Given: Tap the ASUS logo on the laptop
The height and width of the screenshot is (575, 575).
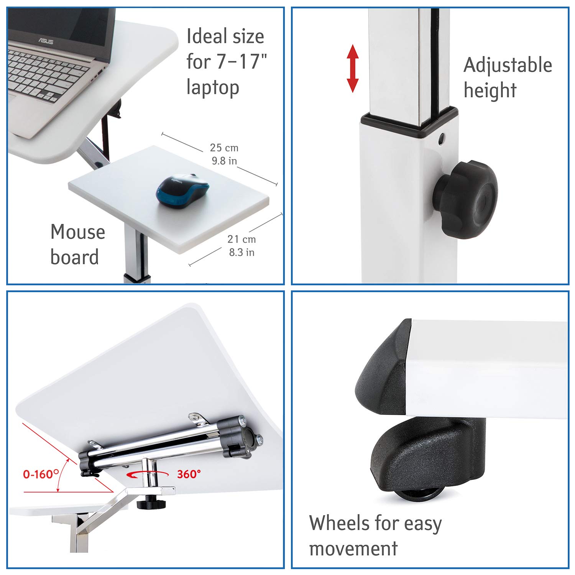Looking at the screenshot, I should pos(45,41).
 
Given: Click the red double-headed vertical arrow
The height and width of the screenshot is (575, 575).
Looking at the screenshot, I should pos(352,69).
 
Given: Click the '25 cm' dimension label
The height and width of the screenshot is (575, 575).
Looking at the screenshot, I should pos(224,148).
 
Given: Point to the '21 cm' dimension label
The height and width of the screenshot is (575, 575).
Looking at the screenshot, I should pos(242,239).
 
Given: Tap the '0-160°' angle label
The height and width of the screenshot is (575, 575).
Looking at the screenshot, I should pos(41,475).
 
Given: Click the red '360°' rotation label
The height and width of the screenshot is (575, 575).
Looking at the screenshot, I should pos(189,474).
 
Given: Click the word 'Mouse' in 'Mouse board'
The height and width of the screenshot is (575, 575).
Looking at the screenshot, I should pos(78,232).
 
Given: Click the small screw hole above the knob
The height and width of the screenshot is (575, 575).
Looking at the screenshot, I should pos(442,138).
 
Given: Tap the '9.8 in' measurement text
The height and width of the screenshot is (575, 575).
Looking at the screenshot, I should pos(224,161).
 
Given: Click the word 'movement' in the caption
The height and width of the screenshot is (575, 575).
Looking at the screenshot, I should pos(353,549).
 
